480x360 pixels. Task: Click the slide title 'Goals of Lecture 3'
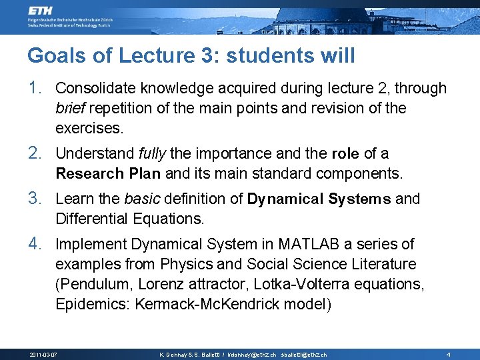(x=191, y=55)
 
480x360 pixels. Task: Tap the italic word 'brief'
(x=71, y=108)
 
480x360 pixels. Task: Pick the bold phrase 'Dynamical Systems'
(x=319, y=199)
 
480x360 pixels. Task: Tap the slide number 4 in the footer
(x=449, y=354)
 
